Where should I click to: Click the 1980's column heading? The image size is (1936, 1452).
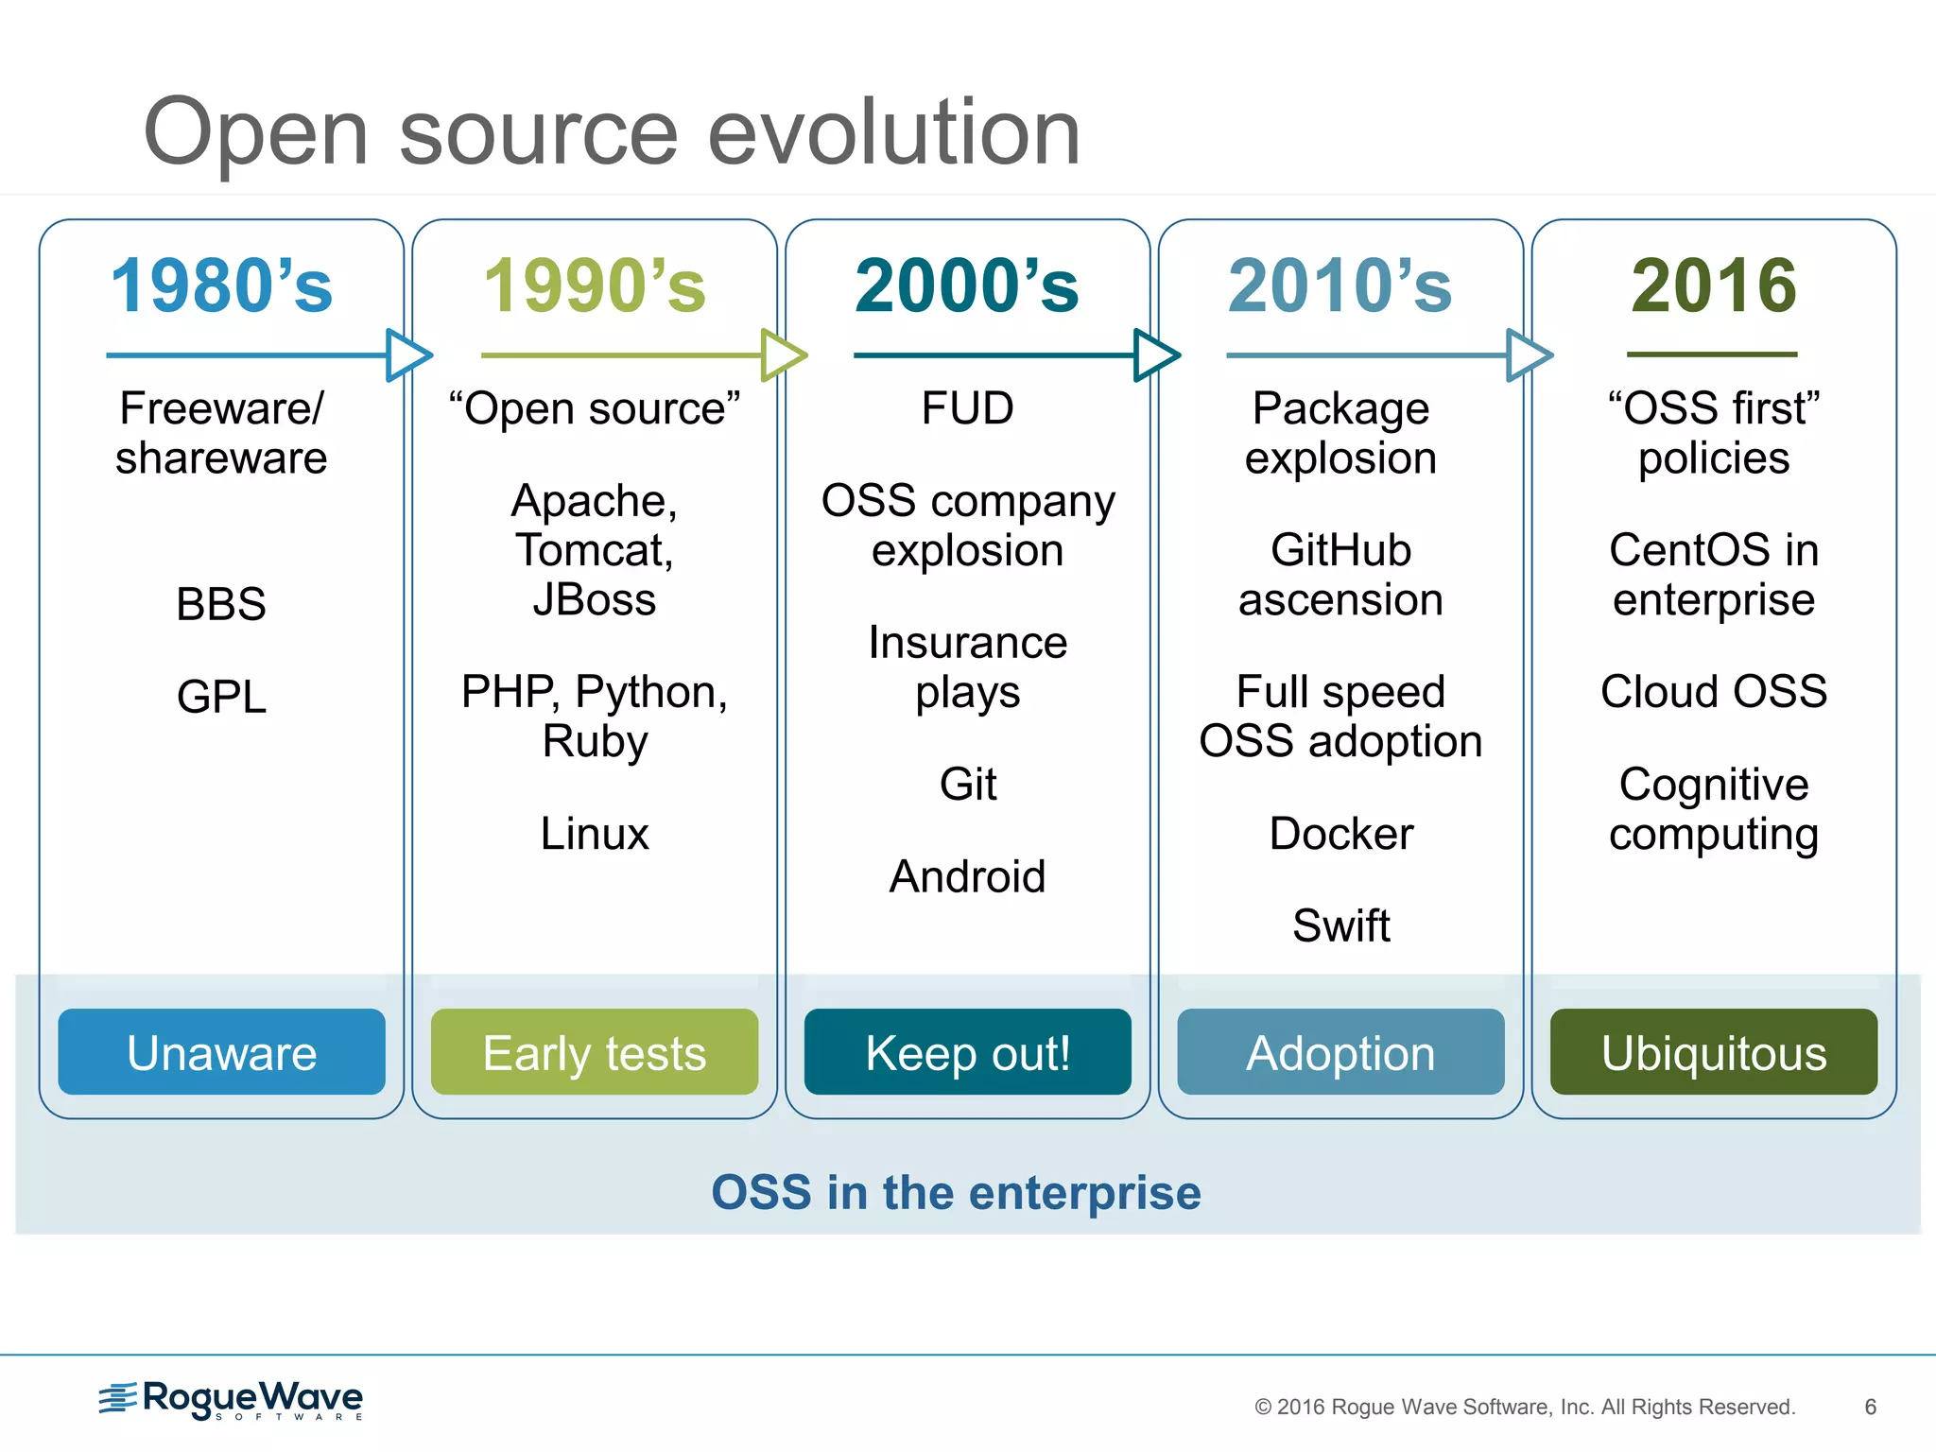[221, 285]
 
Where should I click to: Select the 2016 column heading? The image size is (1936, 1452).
[1713, 285]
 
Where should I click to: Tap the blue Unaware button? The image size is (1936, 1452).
[221, 1052]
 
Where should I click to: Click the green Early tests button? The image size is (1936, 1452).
[594, 1052]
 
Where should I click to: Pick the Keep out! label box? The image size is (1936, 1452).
[967, 1052]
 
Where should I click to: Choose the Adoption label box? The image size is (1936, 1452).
[1340, 1052]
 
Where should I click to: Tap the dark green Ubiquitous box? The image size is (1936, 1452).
[1713, 1052]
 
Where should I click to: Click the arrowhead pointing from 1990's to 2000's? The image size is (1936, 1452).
[783, 355]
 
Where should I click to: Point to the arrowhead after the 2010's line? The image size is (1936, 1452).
[1529, 355]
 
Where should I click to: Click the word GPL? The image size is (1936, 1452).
[221, 698]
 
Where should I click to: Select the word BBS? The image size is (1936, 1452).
[221, 604]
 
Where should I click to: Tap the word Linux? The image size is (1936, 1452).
[594, 834]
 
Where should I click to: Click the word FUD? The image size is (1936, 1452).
[967, 408]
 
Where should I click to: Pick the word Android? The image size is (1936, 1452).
[967, 876]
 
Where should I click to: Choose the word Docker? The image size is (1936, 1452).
[1340, 834]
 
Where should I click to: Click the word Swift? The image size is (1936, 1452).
[1340, 925]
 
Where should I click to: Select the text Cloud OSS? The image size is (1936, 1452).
[1713, 691]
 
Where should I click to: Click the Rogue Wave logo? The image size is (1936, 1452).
[232, 1399]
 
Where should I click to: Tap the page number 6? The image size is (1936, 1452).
[1870, 1407]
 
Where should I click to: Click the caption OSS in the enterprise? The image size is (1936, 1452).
[956, 1192]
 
